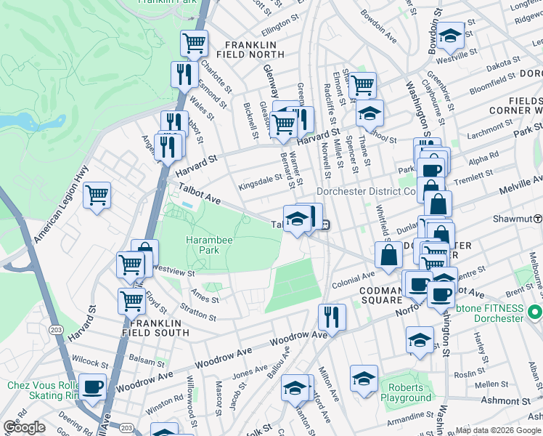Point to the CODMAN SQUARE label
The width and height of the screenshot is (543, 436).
tap(371, 294)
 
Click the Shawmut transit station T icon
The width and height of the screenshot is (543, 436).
tap(538, 219)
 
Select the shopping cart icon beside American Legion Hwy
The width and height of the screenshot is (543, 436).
tap(97, 195)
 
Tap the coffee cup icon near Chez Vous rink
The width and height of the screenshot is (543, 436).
tap(92, 387)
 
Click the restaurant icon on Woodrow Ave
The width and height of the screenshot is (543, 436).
tap(332, 317)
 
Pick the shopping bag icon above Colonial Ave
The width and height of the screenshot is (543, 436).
tap(389, 254)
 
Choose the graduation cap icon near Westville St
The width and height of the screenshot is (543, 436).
tap(450, 35)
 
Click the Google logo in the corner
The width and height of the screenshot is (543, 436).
tap(24, 427)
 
